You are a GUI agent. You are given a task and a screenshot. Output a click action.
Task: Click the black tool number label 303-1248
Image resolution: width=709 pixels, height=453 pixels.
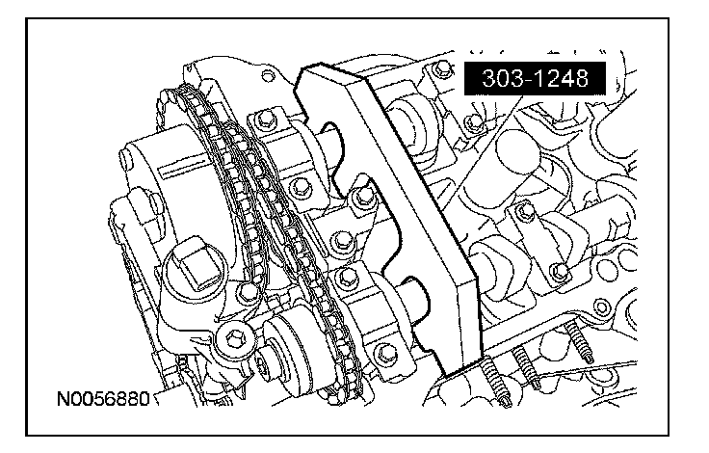pos(535,79)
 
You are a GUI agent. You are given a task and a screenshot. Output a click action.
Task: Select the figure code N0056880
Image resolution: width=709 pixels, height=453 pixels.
pos(103,399)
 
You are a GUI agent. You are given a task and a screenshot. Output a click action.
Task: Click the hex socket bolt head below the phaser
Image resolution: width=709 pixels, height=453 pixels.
pos(235,336)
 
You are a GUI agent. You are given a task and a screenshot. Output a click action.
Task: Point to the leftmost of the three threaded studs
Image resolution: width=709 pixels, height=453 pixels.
pos(494,380)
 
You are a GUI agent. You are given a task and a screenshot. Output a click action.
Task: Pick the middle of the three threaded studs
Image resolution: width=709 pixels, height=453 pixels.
pos(526,366)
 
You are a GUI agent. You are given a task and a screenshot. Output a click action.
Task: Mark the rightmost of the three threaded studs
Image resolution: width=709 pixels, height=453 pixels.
pos(578,341)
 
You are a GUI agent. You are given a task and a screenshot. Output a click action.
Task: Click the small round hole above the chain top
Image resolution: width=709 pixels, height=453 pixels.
pos(268,75)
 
